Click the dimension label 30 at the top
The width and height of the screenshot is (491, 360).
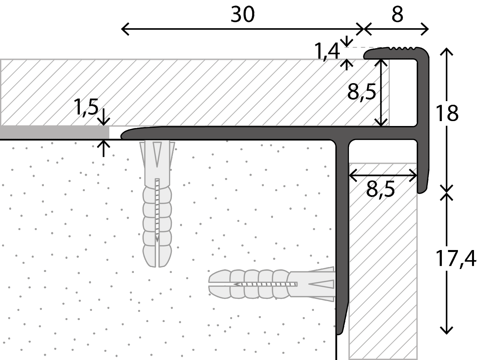243,14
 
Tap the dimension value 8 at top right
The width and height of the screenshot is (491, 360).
397,14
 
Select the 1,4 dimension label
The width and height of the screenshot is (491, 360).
327,52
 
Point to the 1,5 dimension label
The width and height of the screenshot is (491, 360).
86,107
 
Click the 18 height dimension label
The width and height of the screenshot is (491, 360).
447,113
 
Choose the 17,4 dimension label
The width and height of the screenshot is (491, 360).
456,259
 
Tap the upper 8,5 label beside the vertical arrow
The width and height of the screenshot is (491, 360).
362,92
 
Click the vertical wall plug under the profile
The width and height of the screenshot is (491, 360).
157,204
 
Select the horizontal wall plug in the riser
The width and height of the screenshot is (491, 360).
271,284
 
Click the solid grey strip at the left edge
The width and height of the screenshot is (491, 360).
55,132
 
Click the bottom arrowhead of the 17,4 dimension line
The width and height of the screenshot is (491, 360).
446,333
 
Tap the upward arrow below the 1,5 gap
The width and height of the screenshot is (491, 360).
103,148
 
